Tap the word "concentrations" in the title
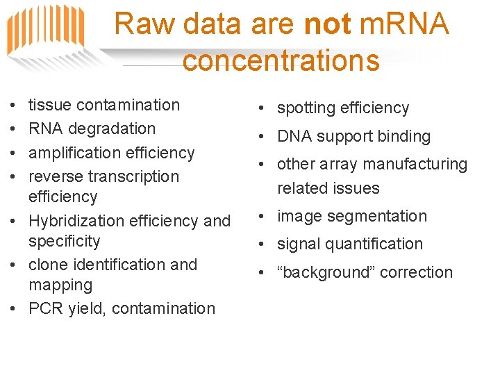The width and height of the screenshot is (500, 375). [x=281, y=60]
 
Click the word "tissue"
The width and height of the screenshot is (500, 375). [x=50, y=105]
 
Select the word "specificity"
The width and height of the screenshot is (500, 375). [x=64, y=241]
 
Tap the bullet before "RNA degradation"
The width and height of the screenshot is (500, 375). [x=14, y=128]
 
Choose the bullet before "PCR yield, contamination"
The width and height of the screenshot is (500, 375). [x=14, y=308]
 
